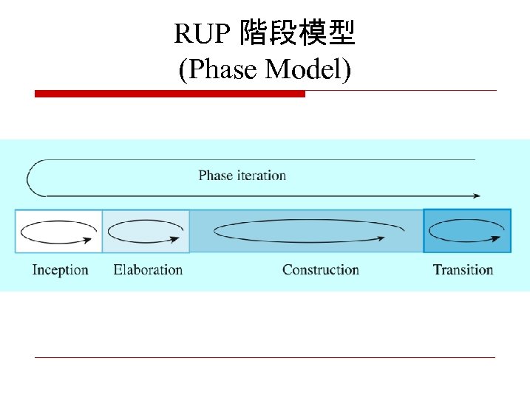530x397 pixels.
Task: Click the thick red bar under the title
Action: [x=170, y=94]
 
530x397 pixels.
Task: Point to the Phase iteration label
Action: [x=242, y=176]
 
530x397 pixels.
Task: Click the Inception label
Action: [x=60, y=269]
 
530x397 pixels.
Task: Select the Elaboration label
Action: [x=148, y=269]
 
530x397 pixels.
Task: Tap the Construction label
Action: [x=320, y=269]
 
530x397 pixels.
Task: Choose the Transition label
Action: [x=463, y=269]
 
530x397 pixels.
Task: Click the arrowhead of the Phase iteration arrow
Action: [x=477, y=196]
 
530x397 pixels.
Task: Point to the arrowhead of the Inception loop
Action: [x=95, y=238]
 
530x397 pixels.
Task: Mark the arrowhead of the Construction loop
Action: [x=381, y=238]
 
